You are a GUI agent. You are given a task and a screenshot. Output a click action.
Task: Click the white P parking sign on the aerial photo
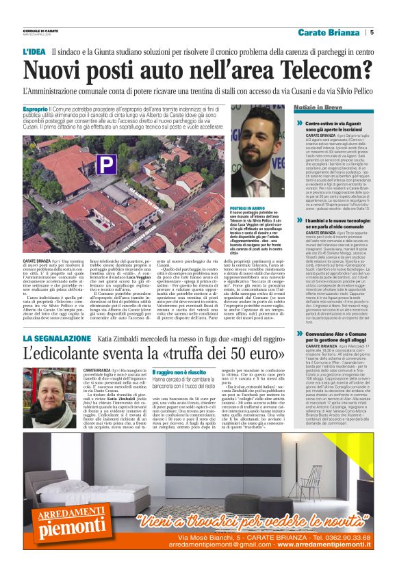(x=106, y=163)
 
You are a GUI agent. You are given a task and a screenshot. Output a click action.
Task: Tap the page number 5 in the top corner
(x=371, y=31)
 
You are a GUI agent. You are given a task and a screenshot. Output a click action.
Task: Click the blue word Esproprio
(x=35, y=109)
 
